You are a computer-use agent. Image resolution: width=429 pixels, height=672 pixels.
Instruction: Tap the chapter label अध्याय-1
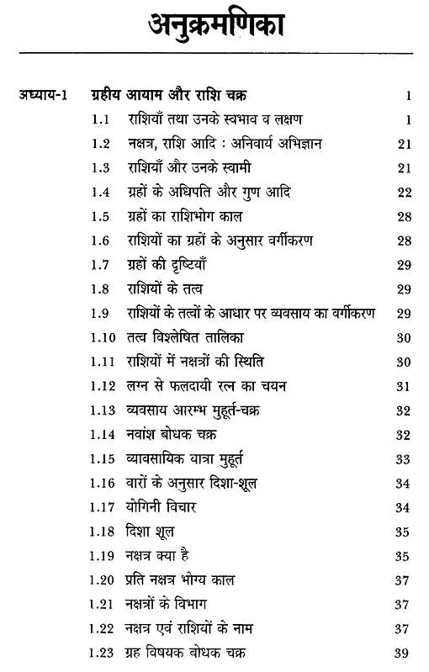(x=45, y=96)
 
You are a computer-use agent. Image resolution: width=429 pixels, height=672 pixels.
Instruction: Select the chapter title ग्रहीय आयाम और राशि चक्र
(x=181, y=96)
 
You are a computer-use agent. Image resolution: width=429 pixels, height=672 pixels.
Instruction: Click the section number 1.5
(x=103, y=217)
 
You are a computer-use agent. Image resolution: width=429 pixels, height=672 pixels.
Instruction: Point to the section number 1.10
(x=105, y=338)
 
